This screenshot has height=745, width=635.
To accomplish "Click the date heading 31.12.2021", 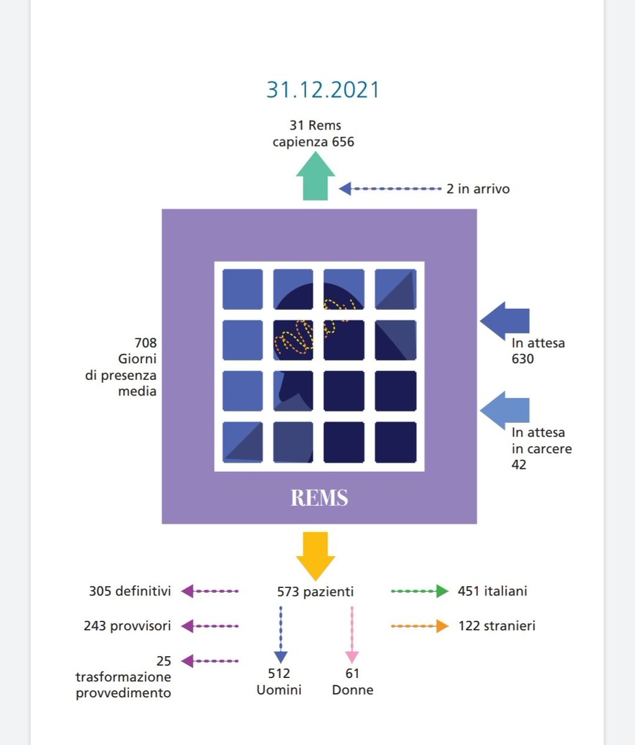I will click(x=323, y=89).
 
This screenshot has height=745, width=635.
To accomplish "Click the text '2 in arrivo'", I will click(x=477, y=188).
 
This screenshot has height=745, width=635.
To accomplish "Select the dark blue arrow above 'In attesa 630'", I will click(x=505, y=320).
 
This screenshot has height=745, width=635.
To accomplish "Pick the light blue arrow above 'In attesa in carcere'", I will click(x=505, y=410).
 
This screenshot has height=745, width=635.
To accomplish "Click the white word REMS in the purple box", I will click(x=319, y=498).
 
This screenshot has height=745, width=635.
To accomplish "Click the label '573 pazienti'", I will click(x=315, y=592).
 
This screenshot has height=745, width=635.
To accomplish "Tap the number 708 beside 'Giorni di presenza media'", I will click(x=145, y=343).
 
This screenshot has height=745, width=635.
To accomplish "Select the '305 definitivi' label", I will click(x=130, y=591).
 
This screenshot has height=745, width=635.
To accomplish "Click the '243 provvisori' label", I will click(x=127, y=626).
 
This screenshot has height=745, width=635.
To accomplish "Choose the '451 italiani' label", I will click(x=492, y=591).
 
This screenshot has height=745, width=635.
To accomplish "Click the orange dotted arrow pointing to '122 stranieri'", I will click(x=420, y=626).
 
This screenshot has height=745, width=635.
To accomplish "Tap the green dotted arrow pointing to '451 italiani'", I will click(x=420, y=592).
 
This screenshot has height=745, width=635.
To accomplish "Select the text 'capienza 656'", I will click(x=313, y=142).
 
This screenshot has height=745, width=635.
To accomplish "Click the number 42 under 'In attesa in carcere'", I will click(x=519, y=464).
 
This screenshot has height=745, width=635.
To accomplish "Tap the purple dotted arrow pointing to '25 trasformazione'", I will click(x=209, y=661).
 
